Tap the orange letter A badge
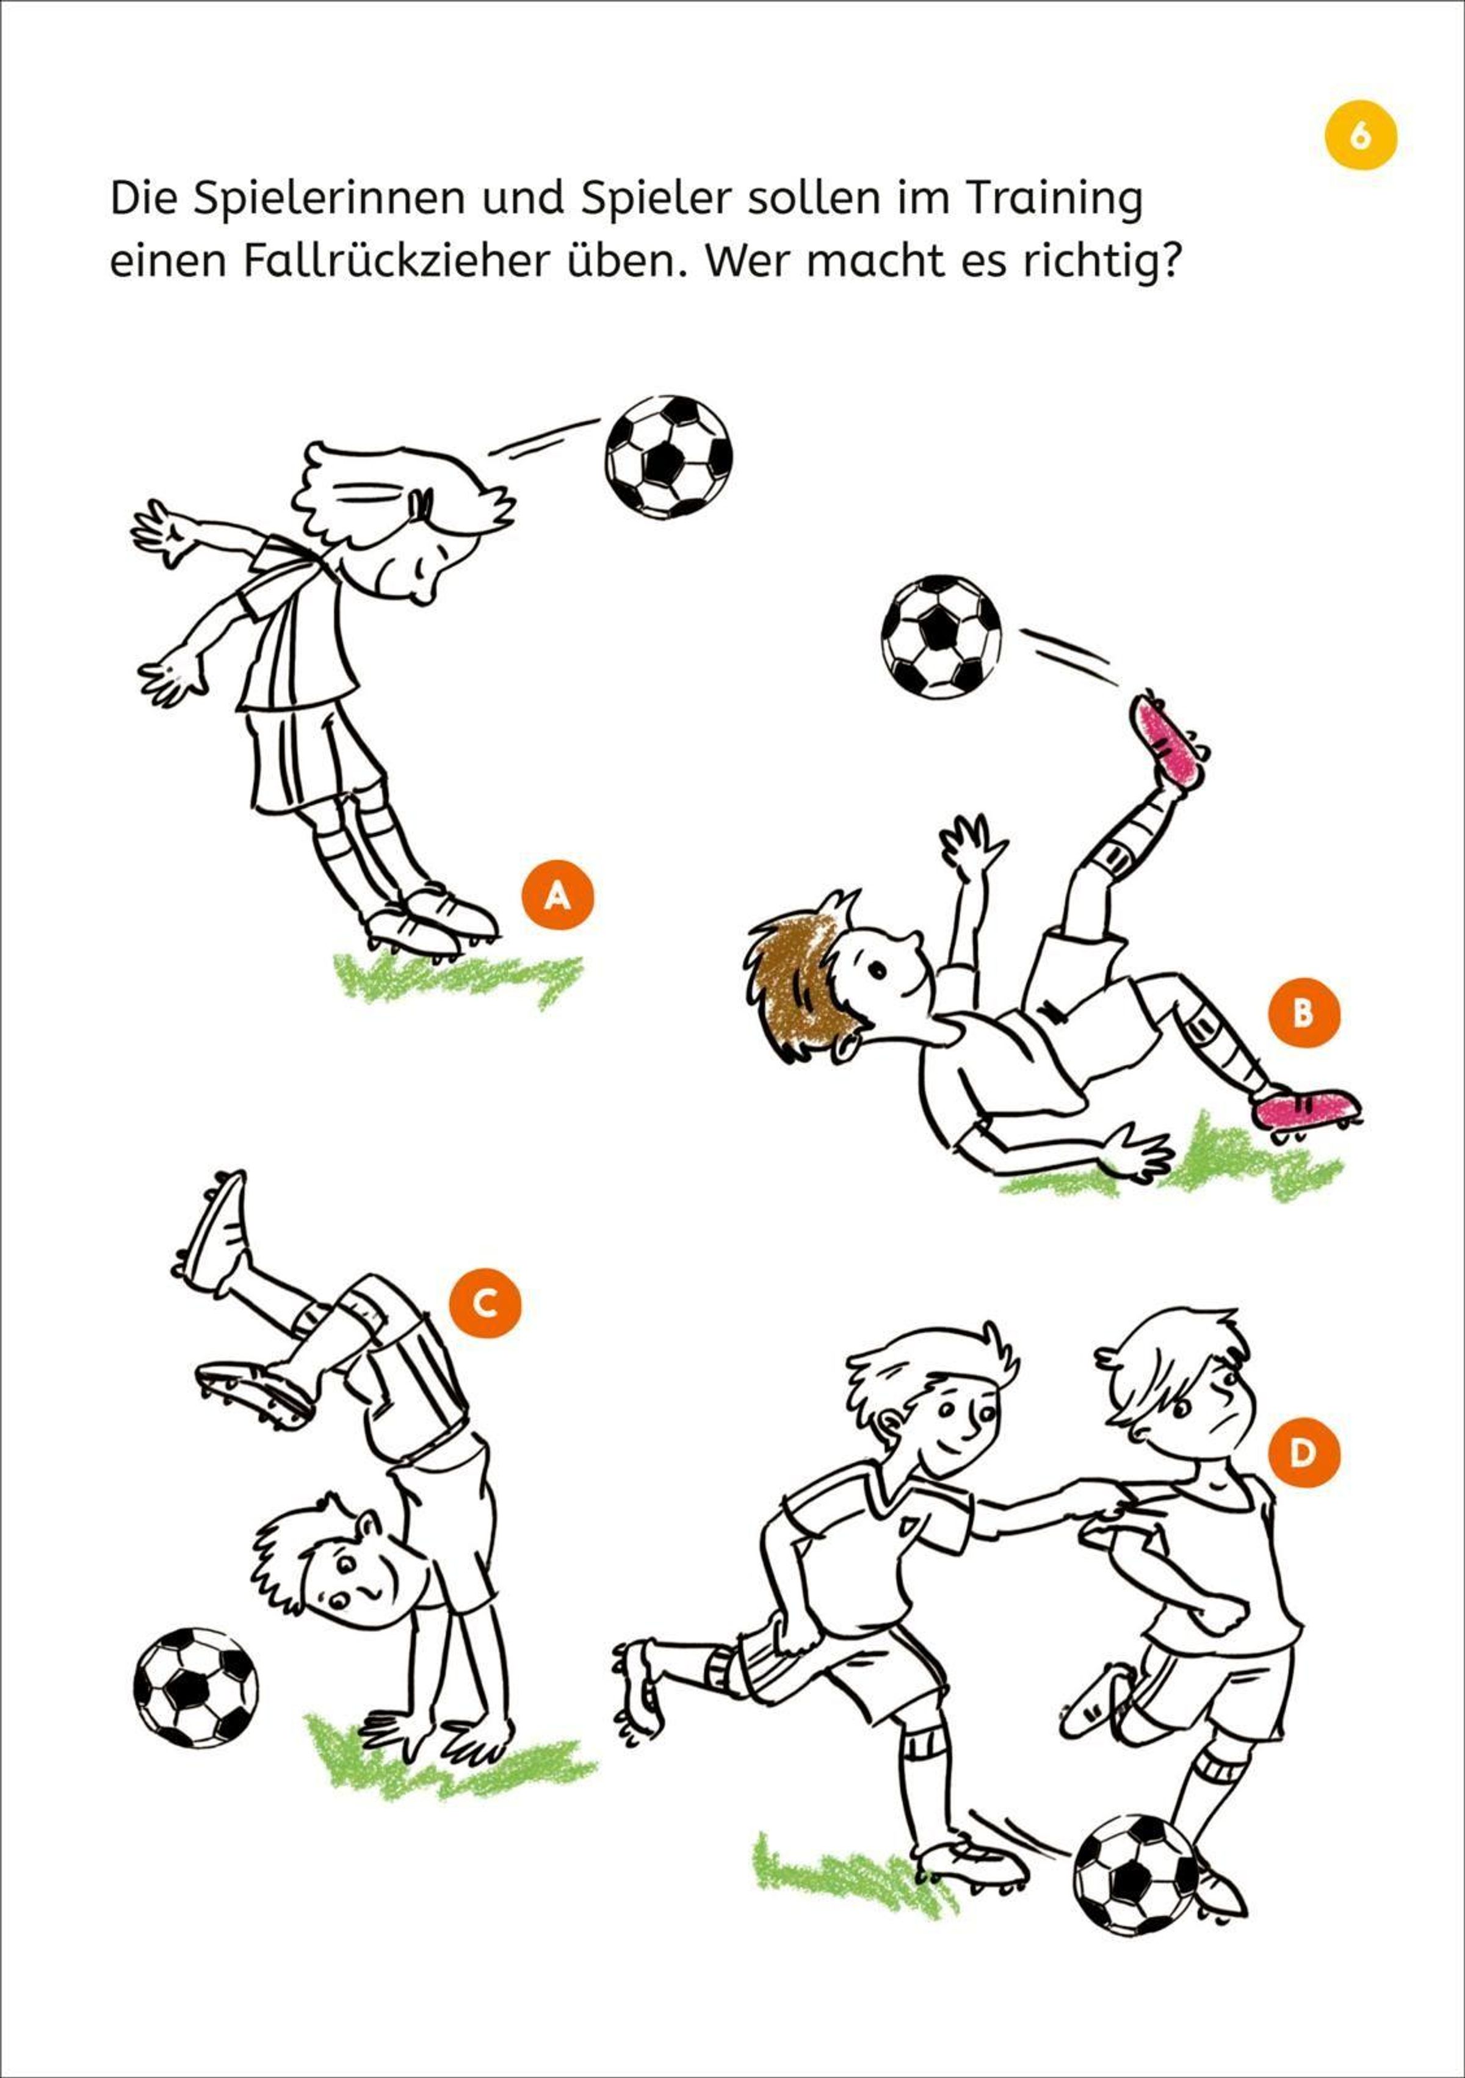[x=557, y=894]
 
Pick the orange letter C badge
[x=486, y=1303]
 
